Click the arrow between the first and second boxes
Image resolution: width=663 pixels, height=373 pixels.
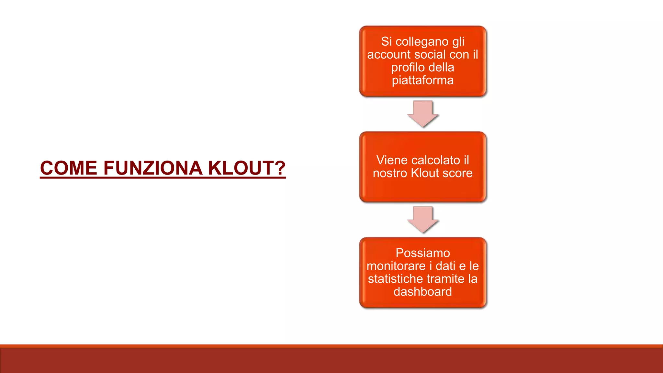423,114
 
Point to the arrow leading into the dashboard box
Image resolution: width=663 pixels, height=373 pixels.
423,219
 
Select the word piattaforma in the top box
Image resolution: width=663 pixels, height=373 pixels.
423,80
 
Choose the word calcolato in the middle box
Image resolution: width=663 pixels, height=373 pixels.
436,160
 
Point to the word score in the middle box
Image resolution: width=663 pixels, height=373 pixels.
458,173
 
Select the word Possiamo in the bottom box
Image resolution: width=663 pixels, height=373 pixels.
423,253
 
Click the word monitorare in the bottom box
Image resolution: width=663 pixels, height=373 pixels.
396,266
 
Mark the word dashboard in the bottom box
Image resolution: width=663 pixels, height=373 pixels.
423,292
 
